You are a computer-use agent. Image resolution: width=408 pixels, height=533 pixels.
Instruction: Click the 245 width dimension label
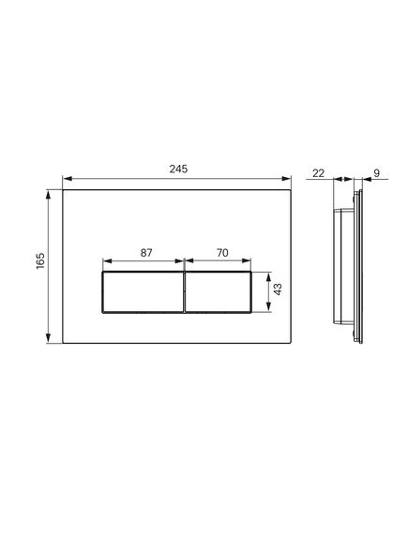click(x=178, y=169)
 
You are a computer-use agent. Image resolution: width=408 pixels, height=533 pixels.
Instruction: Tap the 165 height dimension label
click(x=40, y=260)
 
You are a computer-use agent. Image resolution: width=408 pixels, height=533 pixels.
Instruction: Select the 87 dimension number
click(x=146, y=253)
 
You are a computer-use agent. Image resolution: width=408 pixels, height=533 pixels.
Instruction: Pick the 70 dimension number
click(x=222, y=253)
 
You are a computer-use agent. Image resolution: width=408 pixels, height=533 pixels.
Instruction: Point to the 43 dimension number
click(x=278, y=289)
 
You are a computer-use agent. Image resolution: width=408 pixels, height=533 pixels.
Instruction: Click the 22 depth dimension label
click(x=318, y=173)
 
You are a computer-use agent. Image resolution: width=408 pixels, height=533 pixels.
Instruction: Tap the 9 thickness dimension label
click(x=376, y=173)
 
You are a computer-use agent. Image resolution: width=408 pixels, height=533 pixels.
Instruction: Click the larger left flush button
click(x=143, y=292)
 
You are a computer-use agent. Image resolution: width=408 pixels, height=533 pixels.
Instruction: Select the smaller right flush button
click(x=218, y=292)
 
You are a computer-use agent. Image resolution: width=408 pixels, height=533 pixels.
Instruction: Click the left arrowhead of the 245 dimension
click(x=67, y=179)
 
